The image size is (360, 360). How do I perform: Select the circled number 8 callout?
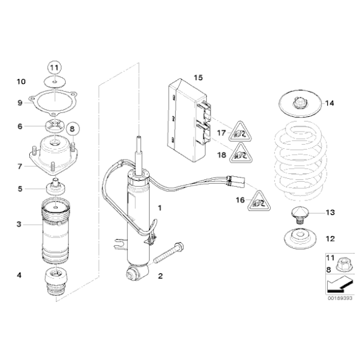pos(71,129)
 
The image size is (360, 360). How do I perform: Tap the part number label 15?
pos(197,78)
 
